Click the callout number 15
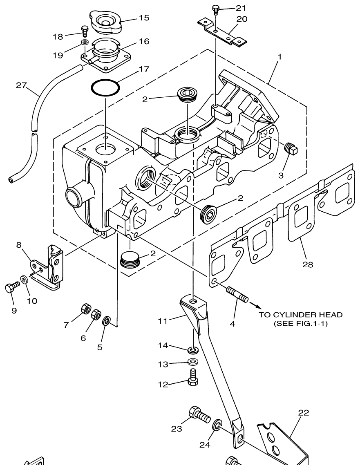pos(143,18)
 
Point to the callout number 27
pos(21,85)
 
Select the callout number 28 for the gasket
pos(308,264)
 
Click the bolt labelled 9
pos(11,289)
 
